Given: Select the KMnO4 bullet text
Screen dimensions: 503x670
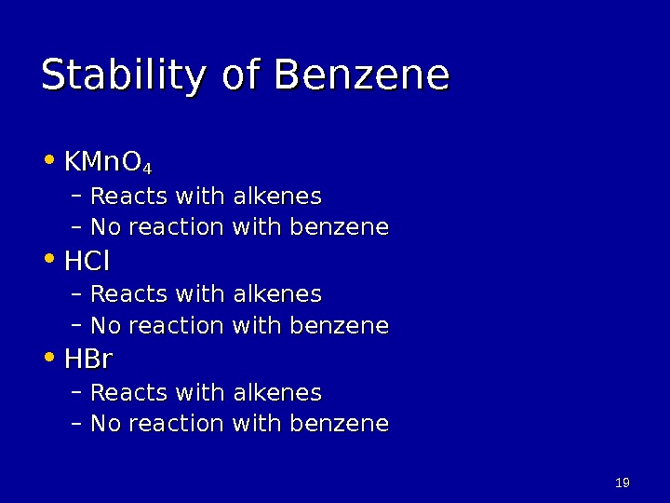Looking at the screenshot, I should pos(107,165).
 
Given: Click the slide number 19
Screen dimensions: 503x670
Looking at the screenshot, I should pos(623,483).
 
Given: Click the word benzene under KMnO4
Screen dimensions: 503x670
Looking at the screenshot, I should pos(340,227).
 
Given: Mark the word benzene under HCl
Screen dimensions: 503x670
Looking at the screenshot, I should pos(340,326).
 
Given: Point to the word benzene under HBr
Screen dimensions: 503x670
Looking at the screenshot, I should pos(340,424).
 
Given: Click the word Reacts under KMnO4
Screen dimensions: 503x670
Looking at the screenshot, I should pos(124,197).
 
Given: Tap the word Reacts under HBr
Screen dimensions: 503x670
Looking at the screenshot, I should pos(124,392).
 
